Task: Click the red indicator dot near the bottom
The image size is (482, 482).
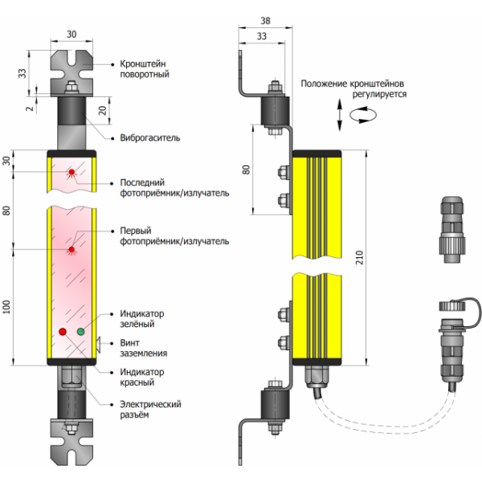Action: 63,332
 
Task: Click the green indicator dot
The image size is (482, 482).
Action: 80,332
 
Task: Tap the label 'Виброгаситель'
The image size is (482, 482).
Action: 149,137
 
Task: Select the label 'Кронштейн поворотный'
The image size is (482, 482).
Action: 144,67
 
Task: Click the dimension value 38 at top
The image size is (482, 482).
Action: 266,21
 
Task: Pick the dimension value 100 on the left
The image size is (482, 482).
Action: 9,308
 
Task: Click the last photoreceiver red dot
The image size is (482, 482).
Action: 72,173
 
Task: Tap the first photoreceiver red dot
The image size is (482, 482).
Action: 72,250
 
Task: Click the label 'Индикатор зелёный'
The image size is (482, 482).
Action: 142,318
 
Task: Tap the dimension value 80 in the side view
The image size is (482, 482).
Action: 247,170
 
